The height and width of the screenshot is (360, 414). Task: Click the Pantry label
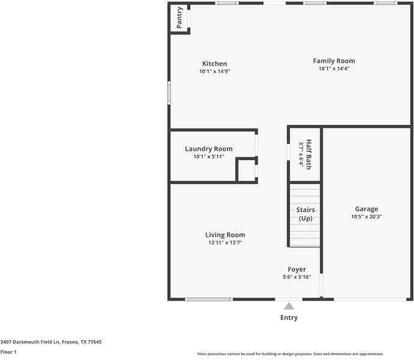point(179,17)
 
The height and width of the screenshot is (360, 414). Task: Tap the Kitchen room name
point(214,64)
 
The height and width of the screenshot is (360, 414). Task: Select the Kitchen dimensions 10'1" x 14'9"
point(214,71)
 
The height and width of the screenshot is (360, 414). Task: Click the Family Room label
point(334,61)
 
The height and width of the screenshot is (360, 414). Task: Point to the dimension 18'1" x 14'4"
point(334,68)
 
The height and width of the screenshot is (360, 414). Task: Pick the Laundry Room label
point(208,149)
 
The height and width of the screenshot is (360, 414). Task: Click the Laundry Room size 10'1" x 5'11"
point(208,157)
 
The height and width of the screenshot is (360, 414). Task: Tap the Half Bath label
point(308,154)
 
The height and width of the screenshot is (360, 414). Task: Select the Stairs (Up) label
point(305,214)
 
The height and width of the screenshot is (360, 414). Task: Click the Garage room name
point(366,209)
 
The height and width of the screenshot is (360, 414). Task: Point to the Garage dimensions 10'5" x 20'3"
point(366,217)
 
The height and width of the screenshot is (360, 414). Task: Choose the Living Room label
point(225,235)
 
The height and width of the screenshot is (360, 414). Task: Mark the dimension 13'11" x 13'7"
point(225,242)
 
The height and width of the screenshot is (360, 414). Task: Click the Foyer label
point(296,269)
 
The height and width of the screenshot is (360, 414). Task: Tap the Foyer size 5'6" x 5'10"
point(296,277)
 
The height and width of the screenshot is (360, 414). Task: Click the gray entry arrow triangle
point(289,306)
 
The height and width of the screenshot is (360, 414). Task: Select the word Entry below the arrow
point(289,317)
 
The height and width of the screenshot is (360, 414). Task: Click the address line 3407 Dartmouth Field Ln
point(51,341)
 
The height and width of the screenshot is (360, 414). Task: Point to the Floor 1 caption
point(8,352)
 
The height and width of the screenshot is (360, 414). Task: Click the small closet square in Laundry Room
point(245,170)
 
